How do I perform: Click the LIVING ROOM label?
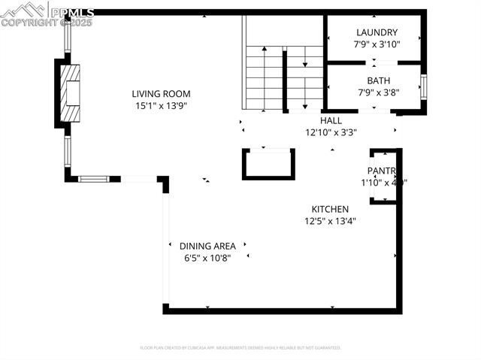tap(161, 94)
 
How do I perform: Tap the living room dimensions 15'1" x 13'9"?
tap(161, 106)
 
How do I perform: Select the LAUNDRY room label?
tap(377, 32)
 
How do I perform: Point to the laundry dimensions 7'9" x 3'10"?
tap(377, 44)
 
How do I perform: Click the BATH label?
tap(379, 81)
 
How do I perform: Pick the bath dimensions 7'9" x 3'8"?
tap(378, 92)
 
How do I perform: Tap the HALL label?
tap(331, 120)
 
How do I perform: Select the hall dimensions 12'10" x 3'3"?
tap(331, 132)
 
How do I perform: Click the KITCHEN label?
tap(331, 209)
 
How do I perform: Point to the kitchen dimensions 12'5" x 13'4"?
tap(331, 221)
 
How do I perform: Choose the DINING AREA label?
tap(207, 246)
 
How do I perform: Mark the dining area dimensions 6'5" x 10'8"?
tap(207, 258)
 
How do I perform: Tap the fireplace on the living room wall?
tap(69, 93)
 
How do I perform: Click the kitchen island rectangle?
tap(267, 164)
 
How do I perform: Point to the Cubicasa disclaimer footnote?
tap(240, 348)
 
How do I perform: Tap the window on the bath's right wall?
tap(424, 86)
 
